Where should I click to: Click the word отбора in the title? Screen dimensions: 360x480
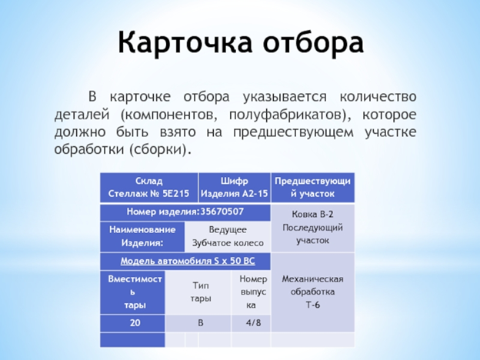click(x=309, y=42)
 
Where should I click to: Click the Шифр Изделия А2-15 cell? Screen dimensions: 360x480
click(x=234, y=187)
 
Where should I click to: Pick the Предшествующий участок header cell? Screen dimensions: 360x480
click(x=312, y=187)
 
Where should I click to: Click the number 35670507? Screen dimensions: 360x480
click(x=222, y=212)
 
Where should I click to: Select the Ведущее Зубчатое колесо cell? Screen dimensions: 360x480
click(x=228, y=236)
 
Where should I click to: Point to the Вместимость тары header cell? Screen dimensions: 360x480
click(x=135, y=292)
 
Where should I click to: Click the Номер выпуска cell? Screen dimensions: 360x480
click(x=253, y=292)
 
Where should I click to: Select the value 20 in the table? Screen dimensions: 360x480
click(x=135, y=323)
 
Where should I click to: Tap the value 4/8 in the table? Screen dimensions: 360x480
click(x=253, y=323)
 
